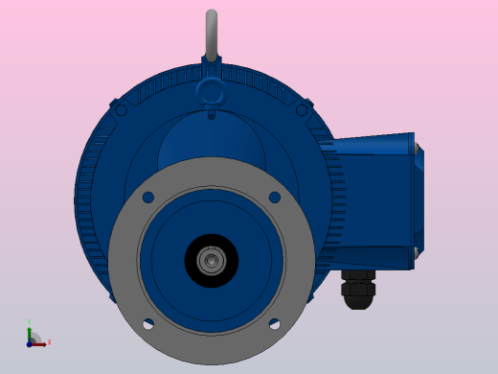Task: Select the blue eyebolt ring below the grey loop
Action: (211, 91)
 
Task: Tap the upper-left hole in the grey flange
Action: (147, 198)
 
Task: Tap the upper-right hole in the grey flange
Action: (275, 198)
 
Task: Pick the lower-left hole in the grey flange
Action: (147, 324)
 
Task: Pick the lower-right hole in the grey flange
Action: (275, 324)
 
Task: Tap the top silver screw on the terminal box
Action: (417, 147)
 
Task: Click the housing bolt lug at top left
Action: (120, 109)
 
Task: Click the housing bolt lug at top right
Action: (303, 109)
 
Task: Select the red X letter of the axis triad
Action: (49, 341)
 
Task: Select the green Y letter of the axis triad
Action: (30, 323)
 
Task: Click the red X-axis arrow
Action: (39, 342)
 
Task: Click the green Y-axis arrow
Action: (30, 333)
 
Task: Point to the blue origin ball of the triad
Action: (30, 342)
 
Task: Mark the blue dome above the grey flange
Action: (211, 139)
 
